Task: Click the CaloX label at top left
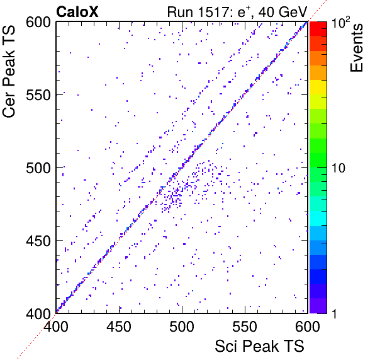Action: pos(77,12)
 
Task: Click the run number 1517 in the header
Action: pos(213,12)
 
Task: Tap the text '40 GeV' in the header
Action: pos(283,12)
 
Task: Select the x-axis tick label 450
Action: pos(119,327)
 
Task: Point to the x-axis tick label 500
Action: pos(182,327)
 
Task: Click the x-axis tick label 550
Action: pos(245,327)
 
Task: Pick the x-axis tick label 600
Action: pos(308,327)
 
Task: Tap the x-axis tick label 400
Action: pos(56,327)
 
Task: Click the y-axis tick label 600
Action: pos(38,23)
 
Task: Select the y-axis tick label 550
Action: pos(38,96)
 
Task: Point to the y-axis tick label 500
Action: pos(38,168)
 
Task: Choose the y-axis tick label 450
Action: pos(38,241)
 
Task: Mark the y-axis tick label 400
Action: pos(38,313)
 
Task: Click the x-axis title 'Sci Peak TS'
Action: pos(259,346)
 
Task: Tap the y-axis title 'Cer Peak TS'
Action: pos(9,71)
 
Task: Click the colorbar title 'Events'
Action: pos(356,48)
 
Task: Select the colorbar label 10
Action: pos(339,168)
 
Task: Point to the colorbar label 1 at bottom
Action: pos(335,313)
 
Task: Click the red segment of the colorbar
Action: pos(318,29)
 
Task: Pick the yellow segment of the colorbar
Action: pos(318,87)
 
